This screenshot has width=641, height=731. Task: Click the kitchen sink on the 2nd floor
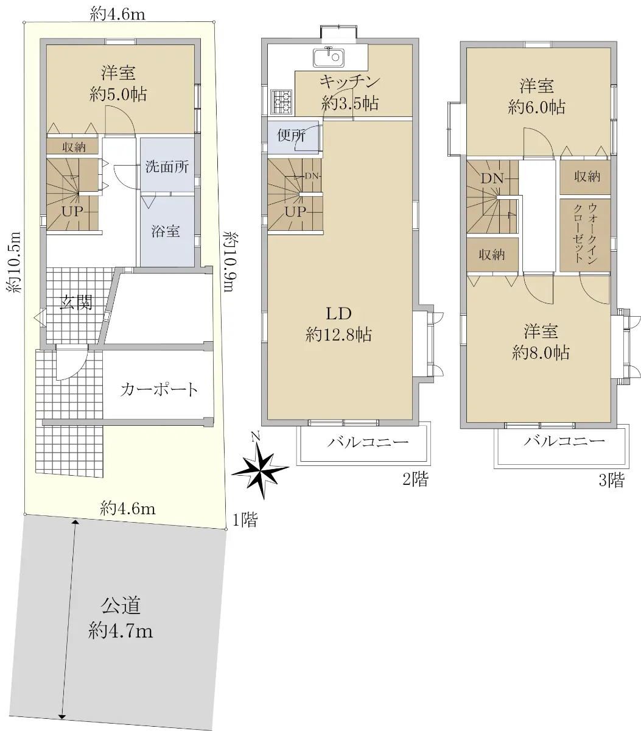(x=329, y=57)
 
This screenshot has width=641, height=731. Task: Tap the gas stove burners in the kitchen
(x=282, y=102)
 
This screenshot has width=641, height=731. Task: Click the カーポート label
(x=159, y=390)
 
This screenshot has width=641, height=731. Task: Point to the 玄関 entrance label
(x=76, y=302)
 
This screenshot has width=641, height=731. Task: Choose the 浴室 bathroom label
(x=166, y=231)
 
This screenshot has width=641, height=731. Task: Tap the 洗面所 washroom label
(x=167, y=167)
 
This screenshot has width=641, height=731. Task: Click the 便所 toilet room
(x=293, y=137)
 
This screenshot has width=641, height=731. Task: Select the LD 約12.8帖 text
(x=338, y=324)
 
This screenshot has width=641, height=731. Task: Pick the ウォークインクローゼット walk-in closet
(x=585, y=235)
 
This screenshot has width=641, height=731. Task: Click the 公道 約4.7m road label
(x=121, y=618)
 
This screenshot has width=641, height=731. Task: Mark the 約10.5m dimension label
(x=13, y=262)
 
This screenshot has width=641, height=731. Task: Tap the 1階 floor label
(x=245, y=520)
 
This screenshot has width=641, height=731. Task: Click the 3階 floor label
(x=611, y=480)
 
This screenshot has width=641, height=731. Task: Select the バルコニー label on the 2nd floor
(x=368, y=442)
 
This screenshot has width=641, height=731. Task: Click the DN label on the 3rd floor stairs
(x=492, y=178)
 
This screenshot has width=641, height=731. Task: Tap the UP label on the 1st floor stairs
(x=72, y=211)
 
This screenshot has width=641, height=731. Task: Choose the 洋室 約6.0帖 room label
(x=536, y=97)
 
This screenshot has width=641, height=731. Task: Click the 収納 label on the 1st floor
(x=74, y=147)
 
